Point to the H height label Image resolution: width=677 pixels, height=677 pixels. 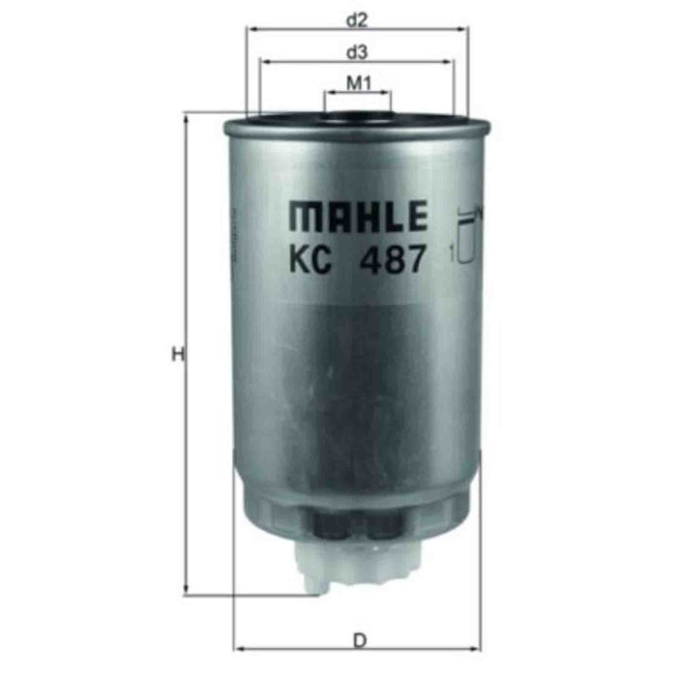[x=176, y=355]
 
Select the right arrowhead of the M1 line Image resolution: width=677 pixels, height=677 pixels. [x=387, y=95]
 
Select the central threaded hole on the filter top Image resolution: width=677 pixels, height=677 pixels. [x=356, y=120]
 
